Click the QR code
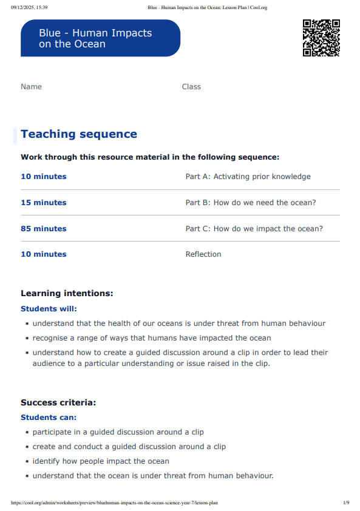point(321,38)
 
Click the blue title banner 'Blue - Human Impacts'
point(100,38)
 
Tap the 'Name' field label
point(31,87)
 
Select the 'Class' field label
point(191,87)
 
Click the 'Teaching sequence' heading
point(79,134)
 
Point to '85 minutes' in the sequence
point(44,229)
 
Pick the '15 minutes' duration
point(44,203)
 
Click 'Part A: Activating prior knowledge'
point(248,177)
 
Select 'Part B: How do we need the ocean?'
point(251,203)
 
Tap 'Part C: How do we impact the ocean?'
point(254,229)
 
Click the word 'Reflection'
point(203,254)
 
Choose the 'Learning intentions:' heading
point(67,293)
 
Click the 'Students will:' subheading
point(49,309)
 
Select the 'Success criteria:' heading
point(58,402)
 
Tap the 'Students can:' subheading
point(49,418)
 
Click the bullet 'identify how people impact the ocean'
point(101,461)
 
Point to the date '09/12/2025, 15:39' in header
point(30,7)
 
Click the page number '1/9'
point(346,503)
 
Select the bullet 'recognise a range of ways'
point(152,338)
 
